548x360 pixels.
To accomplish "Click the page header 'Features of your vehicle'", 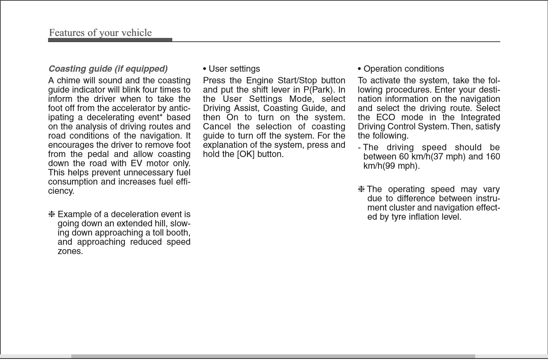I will point(100,33).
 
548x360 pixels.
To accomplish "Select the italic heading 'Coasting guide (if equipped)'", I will point(108,69).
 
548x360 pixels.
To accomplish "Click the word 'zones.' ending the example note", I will point(70,251).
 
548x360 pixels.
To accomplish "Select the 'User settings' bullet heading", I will point(231,69).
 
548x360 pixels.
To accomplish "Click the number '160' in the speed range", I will point(492,157).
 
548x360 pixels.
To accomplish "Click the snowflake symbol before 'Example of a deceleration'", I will point(52,214).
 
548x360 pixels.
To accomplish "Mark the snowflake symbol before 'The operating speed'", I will point(361,189).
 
